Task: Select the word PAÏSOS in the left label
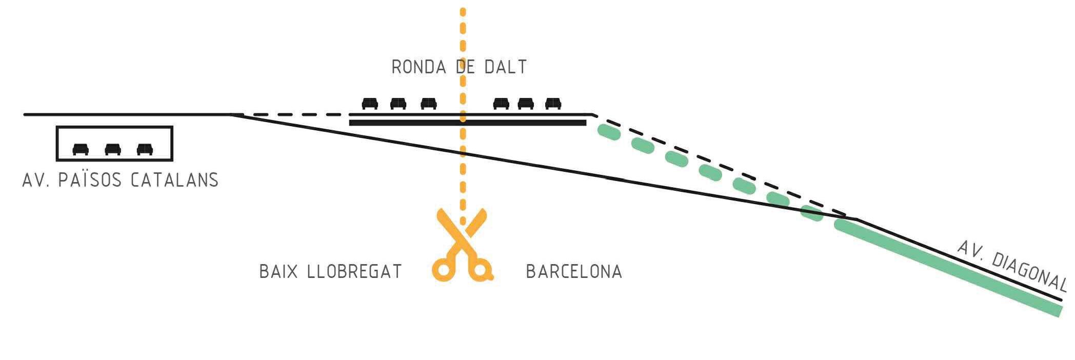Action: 90,180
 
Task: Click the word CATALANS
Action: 175,180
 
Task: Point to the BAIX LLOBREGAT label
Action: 330,271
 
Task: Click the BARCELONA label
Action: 574,271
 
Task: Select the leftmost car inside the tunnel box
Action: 81,149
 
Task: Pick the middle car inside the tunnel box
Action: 113,149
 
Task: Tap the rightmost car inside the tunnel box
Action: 145,149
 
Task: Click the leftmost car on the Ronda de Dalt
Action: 370,104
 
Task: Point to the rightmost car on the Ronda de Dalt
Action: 553,104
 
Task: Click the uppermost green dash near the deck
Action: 609,133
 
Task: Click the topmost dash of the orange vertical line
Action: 463,12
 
